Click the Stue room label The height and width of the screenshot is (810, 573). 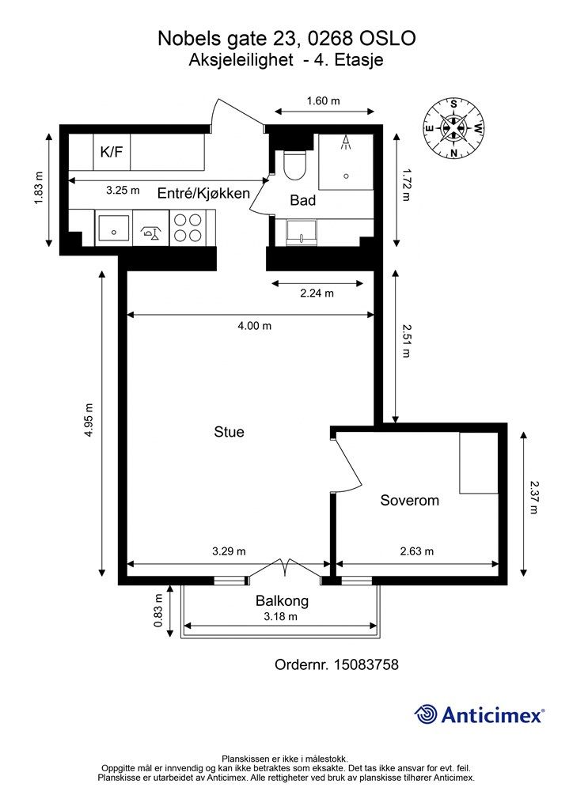[229, 432]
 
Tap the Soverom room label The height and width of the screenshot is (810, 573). [410, 500]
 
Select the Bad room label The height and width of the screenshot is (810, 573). [303, 200]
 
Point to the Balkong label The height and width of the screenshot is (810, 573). [282, 601]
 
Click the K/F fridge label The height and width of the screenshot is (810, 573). [112, 151]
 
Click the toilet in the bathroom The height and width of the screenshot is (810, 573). [295, 165]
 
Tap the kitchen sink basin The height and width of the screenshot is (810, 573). [113, 228]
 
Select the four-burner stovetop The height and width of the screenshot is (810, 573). [187, 228]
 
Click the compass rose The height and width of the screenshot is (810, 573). [453, 128]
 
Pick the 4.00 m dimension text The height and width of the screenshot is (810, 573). [254, 326]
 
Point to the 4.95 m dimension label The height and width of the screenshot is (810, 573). [89, 420]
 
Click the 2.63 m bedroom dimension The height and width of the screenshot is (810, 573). [417, 551]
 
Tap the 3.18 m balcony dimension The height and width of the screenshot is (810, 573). [280, 616]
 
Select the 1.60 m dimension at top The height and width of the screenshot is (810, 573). [324, 100]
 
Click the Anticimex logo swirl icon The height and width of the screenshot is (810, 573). [425, 715]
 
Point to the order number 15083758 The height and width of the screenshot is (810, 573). [367, 664]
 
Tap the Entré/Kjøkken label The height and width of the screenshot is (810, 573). [203, 193]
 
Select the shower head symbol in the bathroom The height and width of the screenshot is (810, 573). [346, 143]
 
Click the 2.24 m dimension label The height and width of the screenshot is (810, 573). [317, 293]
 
